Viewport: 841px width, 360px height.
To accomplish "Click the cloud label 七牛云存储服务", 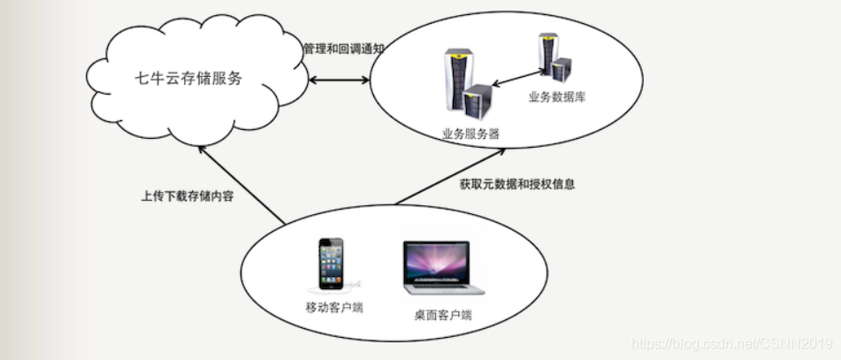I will click(188, 79).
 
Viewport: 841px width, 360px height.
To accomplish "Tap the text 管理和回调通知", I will click(343, 49).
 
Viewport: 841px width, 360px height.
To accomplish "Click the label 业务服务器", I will click(470, 134).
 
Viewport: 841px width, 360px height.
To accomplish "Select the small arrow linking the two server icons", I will click(516, 76).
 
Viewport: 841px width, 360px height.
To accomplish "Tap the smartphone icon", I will click(332, 265).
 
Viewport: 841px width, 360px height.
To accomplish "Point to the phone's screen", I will click(332, 264).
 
